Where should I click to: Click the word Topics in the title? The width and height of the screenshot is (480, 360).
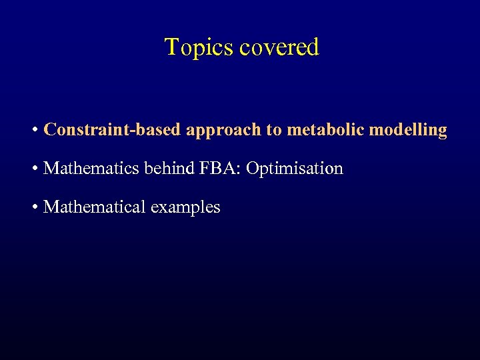198,47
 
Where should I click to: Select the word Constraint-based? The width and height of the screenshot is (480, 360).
112,129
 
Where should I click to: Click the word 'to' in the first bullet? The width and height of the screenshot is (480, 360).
274,130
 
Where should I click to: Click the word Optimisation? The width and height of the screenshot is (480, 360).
295,169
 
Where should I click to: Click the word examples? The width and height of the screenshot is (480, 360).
185,208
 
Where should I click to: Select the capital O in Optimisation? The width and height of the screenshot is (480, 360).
252,169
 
